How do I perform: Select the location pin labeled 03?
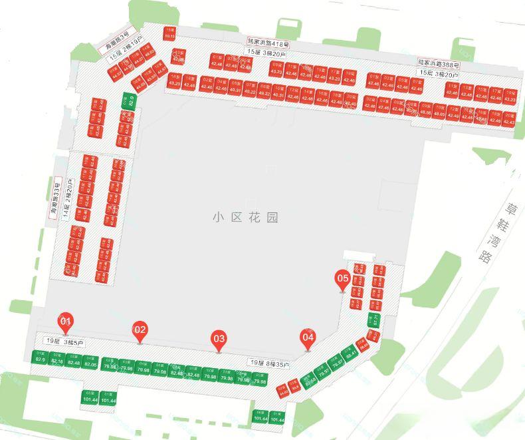(219, 339)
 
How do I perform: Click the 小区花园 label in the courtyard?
(245, 218)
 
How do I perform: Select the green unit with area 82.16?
(56, 359)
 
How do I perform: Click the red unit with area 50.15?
(169, 33)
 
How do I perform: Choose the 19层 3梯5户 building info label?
(66, 341)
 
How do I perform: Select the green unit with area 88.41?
(350, 353)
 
